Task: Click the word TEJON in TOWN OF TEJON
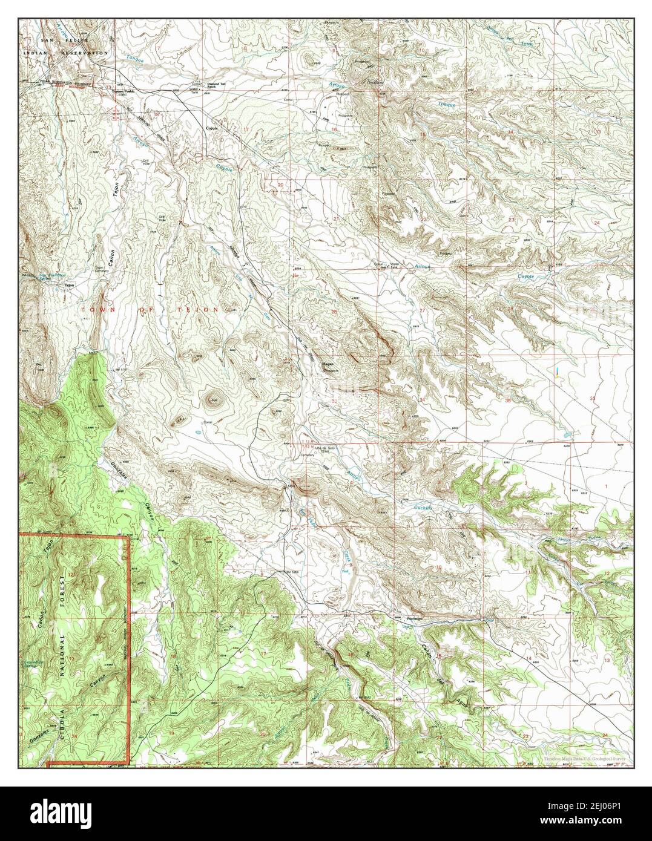click(x=203, y=310)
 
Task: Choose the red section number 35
click(x=507, y=400)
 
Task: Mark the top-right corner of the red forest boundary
click(x=129, y=536)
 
